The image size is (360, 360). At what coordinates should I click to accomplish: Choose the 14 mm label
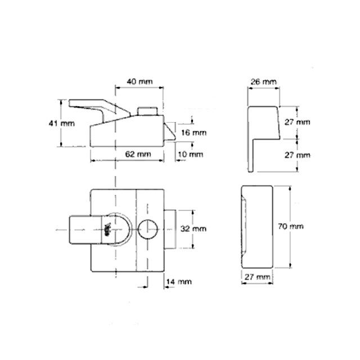coord(180,281)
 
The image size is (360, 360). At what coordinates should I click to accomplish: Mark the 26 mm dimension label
coord(263,82)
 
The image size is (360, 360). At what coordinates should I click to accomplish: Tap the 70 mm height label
coord(291,226)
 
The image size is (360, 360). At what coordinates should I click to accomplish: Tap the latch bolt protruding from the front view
coord(172,229)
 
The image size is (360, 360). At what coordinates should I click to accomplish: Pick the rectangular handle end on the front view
coord(79,229)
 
